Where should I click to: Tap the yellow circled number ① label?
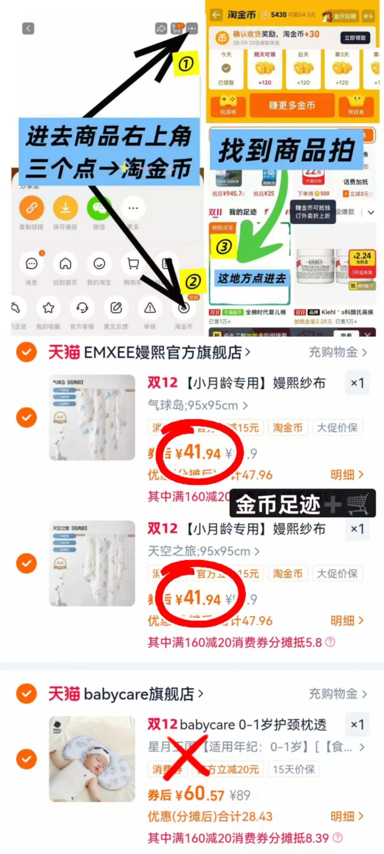click(x=186, y=64)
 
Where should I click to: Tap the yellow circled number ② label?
click(x=193, y=282)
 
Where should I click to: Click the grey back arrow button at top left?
click(x=28, y=28)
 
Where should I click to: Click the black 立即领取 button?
click(x=355, y=38)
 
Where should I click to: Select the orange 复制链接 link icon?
click(x=32, y=208)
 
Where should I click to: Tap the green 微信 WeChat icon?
click(x=99, y=208)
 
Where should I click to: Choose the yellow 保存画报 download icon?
click(x=65, y=208)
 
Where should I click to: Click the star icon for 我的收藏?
click(x=48, y=308)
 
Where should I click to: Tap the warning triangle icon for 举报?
click(x=150, y=308)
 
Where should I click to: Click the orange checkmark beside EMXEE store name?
click(x=27, y=352)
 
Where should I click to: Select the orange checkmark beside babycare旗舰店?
click(x=27, y=693)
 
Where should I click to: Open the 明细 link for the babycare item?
click(x=346, y=816)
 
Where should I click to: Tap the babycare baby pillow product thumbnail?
click(x=92, y=759)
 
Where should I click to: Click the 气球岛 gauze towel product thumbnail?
click(x=92, y=417)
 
